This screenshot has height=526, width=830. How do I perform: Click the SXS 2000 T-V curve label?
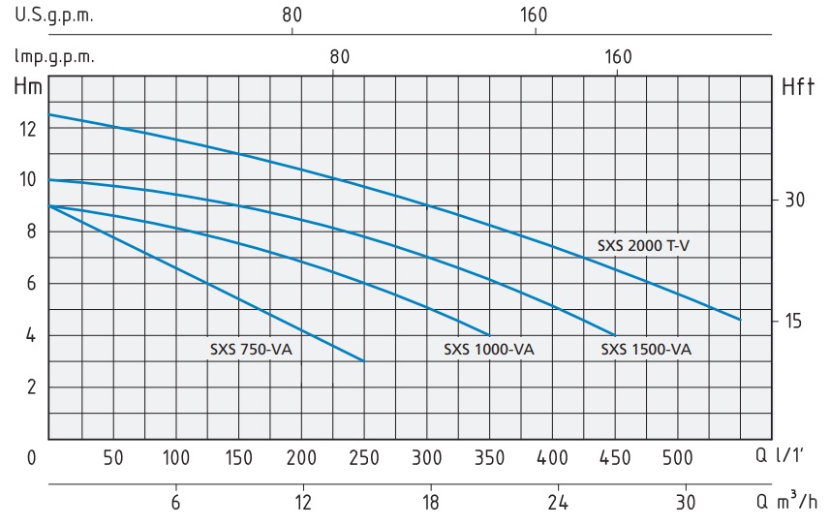(643, 246)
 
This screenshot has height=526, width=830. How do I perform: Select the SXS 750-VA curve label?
(250, 350)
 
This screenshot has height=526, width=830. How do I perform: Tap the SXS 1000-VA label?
(489, 350)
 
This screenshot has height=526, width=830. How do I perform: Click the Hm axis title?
(28, 86)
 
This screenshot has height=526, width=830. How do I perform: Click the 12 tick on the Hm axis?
(28, 128)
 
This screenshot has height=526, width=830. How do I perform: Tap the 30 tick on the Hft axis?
(795, 201)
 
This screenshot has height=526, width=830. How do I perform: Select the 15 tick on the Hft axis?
(795, 321)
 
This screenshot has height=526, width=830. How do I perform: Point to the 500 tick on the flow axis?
(678, 456)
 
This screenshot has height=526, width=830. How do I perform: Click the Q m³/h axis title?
(787, 501)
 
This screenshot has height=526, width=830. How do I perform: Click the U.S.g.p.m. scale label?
(54, 15)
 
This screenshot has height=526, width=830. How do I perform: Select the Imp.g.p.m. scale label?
(54, 56)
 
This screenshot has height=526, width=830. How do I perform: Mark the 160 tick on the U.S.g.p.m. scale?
(535, 15)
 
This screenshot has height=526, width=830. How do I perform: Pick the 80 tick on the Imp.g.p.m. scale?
(338, 56)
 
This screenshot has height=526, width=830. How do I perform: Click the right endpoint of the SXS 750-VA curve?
(363, 360)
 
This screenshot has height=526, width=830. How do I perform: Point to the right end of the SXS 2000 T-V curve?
(740, 319)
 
